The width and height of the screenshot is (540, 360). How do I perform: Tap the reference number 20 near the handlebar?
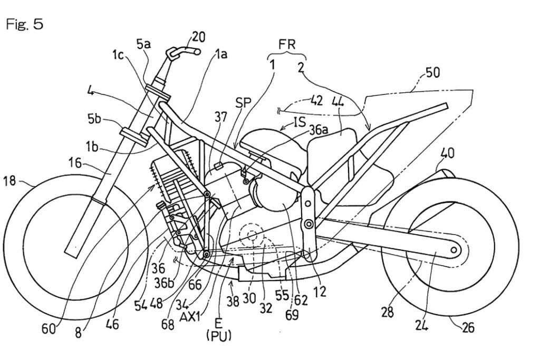(x=199, y=36)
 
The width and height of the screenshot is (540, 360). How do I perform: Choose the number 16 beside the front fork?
(x=75, y=163)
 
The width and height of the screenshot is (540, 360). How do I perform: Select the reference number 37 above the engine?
(x=221, y=116)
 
